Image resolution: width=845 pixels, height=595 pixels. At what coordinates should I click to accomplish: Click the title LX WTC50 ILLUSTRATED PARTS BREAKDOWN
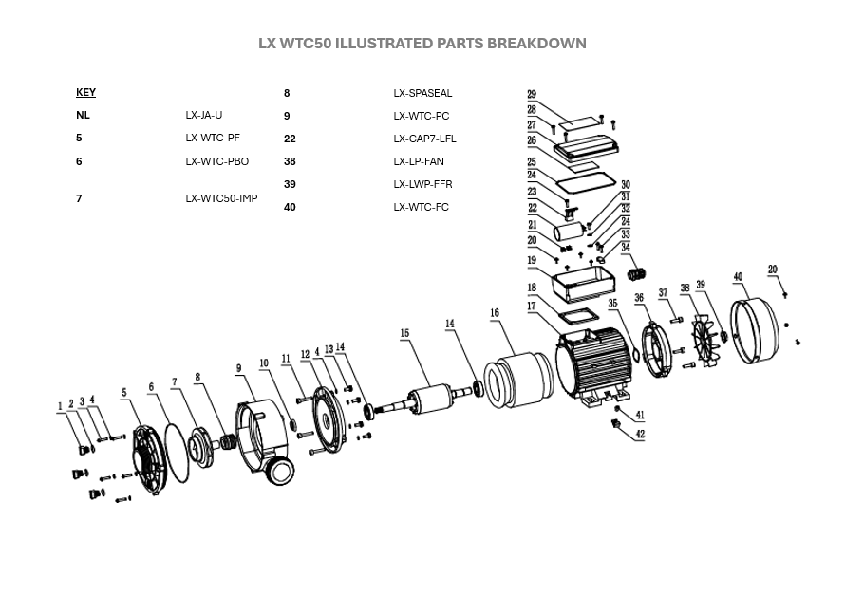click(422, 44)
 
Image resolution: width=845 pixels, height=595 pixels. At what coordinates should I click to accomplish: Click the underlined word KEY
click(85, 93)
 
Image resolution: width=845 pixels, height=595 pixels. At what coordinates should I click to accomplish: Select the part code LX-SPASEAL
click(422, 94)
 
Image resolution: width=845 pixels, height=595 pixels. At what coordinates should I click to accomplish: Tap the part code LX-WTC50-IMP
click(221, 199)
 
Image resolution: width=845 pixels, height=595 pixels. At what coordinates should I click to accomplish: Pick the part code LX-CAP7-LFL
click(424, 139)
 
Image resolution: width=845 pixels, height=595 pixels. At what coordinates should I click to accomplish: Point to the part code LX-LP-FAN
click(419, 161)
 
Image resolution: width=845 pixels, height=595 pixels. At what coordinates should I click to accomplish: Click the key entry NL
click(83, 116)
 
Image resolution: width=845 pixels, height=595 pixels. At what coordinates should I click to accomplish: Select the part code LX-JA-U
click(204, 116)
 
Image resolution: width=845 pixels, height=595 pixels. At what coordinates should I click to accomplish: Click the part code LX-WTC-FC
click(421, 207)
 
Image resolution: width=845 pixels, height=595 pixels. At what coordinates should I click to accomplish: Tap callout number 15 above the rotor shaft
click(404, 334)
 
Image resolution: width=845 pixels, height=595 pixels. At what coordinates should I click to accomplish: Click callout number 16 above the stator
click(494, 313)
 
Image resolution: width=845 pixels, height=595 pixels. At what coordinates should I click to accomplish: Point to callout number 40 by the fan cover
click(738, 277)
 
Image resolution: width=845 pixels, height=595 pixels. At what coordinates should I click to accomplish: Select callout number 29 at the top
click(532, 95)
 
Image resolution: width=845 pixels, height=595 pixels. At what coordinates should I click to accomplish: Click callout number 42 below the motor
click(640, 434)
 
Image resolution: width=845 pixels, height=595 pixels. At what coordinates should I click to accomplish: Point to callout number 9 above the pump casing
click(239, 368)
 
